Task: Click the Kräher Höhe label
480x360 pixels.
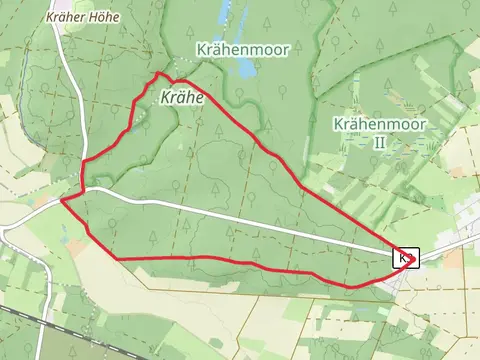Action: pyautogui.click(x=82, y=17)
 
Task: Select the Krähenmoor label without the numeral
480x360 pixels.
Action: pyautogui.click(x=235, y=48)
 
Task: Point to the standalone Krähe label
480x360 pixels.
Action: pyautogui.click(x=181, y=98)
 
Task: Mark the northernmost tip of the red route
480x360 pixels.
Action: pyautogui.click(x=157, y=74)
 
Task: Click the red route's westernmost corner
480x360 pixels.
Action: pyautogui.click(x=62, y=199)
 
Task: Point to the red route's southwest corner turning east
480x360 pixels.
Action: pyautogui.click(x=120, y=259)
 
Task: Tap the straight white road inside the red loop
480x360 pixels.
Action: pyautogui.click(x=250, y=222)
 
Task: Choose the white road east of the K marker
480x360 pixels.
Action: pyautogui.click(x=445, y=248)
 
